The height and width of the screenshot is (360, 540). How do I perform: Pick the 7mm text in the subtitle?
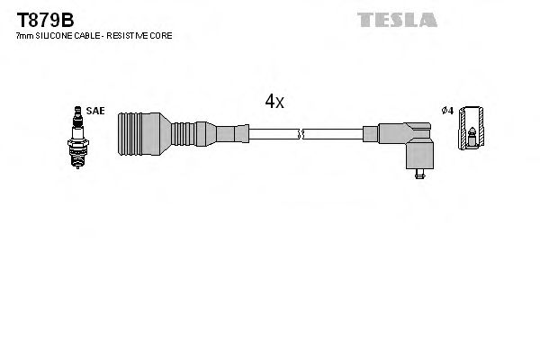(x=24, y=36)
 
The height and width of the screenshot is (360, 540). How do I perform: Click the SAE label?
(x=96, y=112)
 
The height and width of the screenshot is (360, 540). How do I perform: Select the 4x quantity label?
(x=274, y=102)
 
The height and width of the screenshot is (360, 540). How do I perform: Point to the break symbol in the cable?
(x=301, y=135)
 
